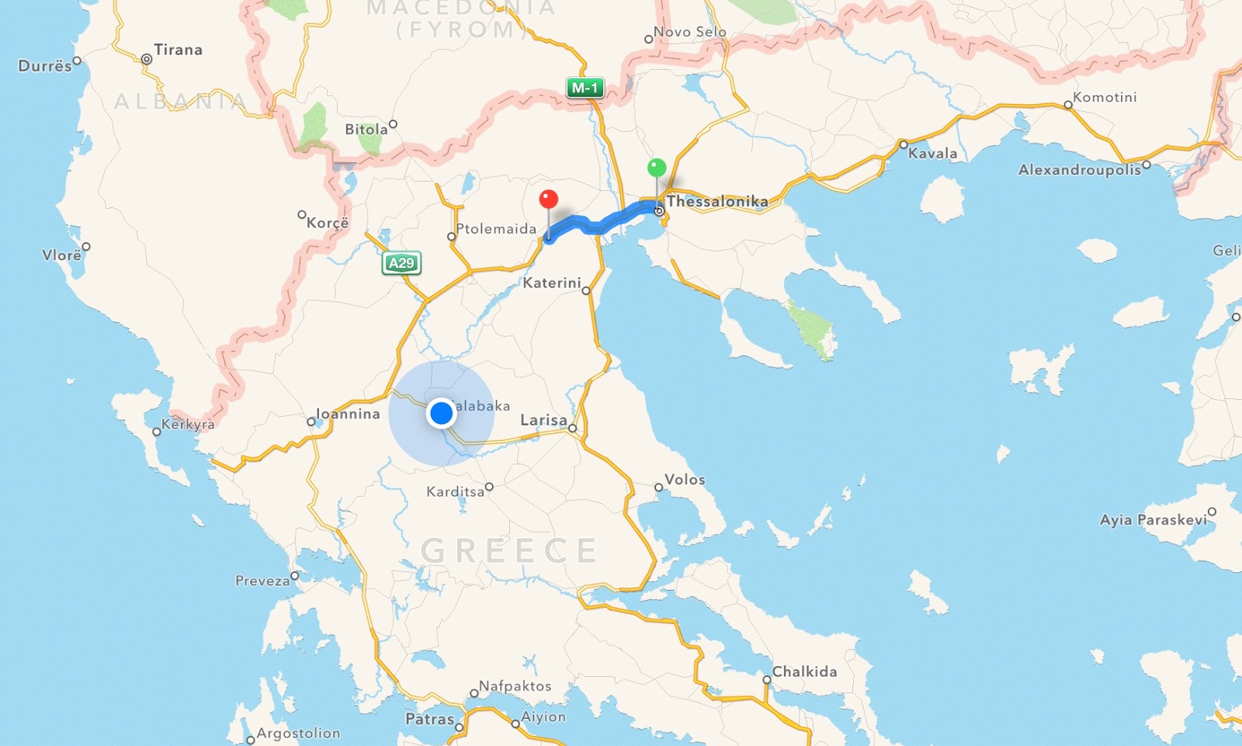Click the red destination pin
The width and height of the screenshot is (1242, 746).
tap(549, 200)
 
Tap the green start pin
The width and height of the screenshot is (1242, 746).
tap(657, 168)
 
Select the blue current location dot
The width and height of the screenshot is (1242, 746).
tap(441, 414)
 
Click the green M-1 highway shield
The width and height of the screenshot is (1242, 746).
tap(585, 88)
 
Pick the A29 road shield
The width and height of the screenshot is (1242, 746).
tap(401, 263)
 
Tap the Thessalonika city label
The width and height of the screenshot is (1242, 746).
tap(717, 201)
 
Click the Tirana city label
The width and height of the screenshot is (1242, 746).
tap(178, 50)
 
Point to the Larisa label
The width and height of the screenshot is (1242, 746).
tap(543, 420)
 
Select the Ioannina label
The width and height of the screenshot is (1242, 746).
tap(348, 414)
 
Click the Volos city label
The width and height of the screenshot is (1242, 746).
tap(685, 480)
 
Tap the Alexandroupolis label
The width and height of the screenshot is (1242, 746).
tap(1079, 169)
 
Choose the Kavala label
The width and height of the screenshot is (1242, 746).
tap(932, 153)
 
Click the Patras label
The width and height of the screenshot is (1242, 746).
tap(429, 720)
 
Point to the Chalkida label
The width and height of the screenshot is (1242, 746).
tap(804, 671)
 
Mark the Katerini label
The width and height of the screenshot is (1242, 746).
tap(551, 283)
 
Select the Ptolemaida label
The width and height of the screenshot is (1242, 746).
tap(496, 228)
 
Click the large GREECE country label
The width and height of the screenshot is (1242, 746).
tap(508, 550)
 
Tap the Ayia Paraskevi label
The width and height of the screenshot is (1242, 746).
tap(1154, 519)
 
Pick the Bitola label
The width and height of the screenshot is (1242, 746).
tap(366, 130)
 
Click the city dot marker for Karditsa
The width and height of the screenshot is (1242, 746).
tap(489, 488)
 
